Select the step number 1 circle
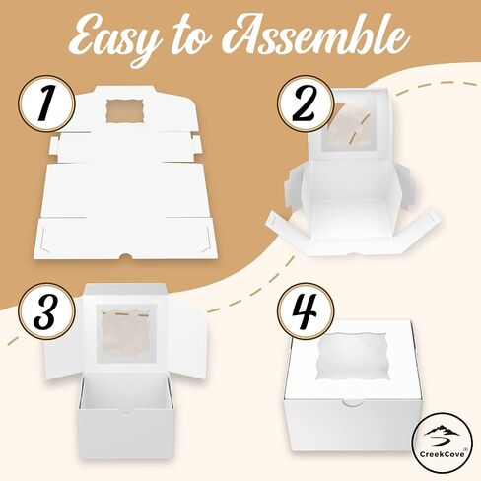pyautogui.click(x=45, y=103)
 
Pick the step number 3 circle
pyautogui.click(x=45, y=311)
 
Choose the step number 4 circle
pyautogui.click(x=306, y=311)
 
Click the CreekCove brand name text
pyautogui.click(x=442, y=454)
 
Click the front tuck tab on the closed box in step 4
pyautogui.click(x=352, y=402)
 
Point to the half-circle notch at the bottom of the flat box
pyautogui.click(x=125, y=256)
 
